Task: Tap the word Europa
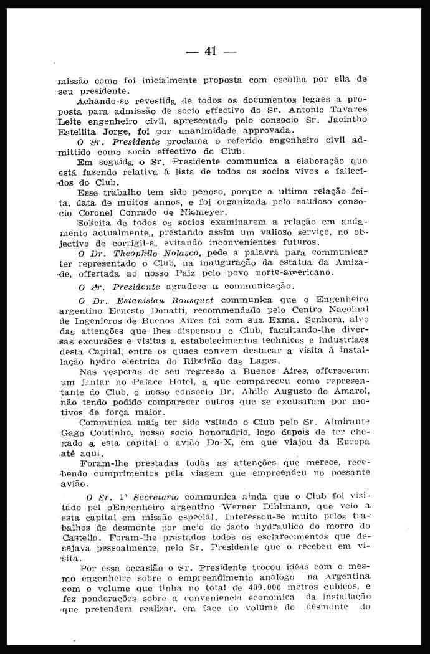tap(351, 441)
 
